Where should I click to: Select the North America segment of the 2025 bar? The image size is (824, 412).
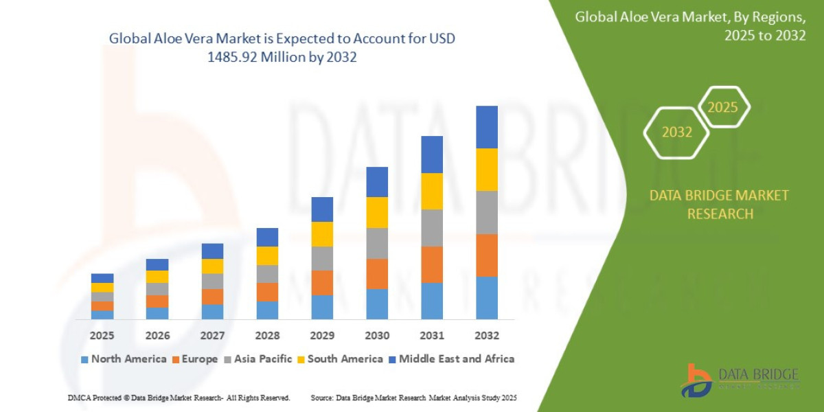coord(102,314)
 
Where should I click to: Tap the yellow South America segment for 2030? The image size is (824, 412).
coord(377,212)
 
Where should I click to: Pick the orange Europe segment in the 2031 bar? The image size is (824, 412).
coord(432,264)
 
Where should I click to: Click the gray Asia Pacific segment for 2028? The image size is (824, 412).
coord(267,274)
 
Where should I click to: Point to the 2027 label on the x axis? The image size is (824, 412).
coord(212,336)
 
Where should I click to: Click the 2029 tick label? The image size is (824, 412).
coord(322,336)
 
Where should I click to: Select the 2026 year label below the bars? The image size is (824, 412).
coord(157,336)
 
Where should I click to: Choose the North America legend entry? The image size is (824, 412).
coord(124,359)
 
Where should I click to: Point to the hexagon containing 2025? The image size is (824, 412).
coord(722,107)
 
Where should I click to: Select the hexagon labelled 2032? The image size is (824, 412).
coord(676,133)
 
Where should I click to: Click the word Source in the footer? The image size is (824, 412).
coord(322,398)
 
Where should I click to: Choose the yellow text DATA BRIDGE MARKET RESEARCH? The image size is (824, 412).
coord(719,205)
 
